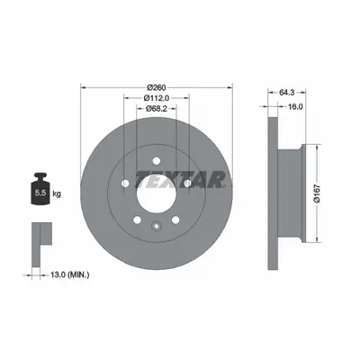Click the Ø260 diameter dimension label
pyautogui.click(x=157, y=87)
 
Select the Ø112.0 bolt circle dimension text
pyautogui.click(x=157, y=98)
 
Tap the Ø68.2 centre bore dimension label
pyautogui.click(x=157, y=109)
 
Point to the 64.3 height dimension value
pyautogui.click(x=286, y=93)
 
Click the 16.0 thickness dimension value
pyautogui.click(x=295, y=106)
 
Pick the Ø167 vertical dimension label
pyautogui.click(x=318, y=193)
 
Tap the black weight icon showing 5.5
pyautogui.click(x=40, y=189)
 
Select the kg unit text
pyautogui.click(x=57, y=193)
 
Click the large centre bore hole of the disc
pyautogui.click(x=157, y=192)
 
